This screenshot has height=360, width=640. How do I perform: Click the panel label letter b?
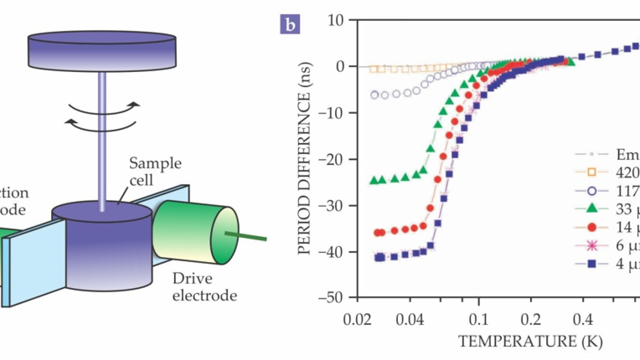click(x=290, y=25)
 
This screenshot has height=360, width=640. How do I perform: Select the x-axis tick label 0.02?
click(x=357, y=320)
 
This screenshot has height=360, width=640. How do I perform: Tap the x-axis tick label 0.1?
click(x=479, y=320)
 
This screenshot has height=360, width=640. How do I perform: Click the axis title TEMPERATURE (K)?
click(x=530, y=341)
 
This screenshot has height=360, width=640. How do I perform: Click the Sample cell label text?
click(x=155, y=171)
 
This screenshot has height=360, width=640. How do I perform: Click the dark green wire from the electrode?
click(x=247, y=236)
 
